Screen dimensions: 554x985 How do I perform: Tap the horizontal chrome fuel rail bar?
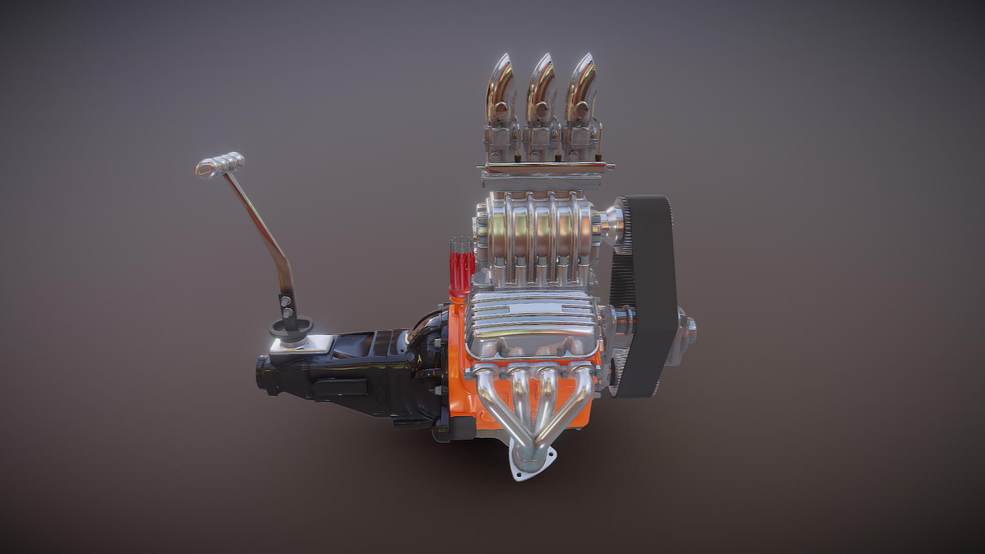544,167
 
